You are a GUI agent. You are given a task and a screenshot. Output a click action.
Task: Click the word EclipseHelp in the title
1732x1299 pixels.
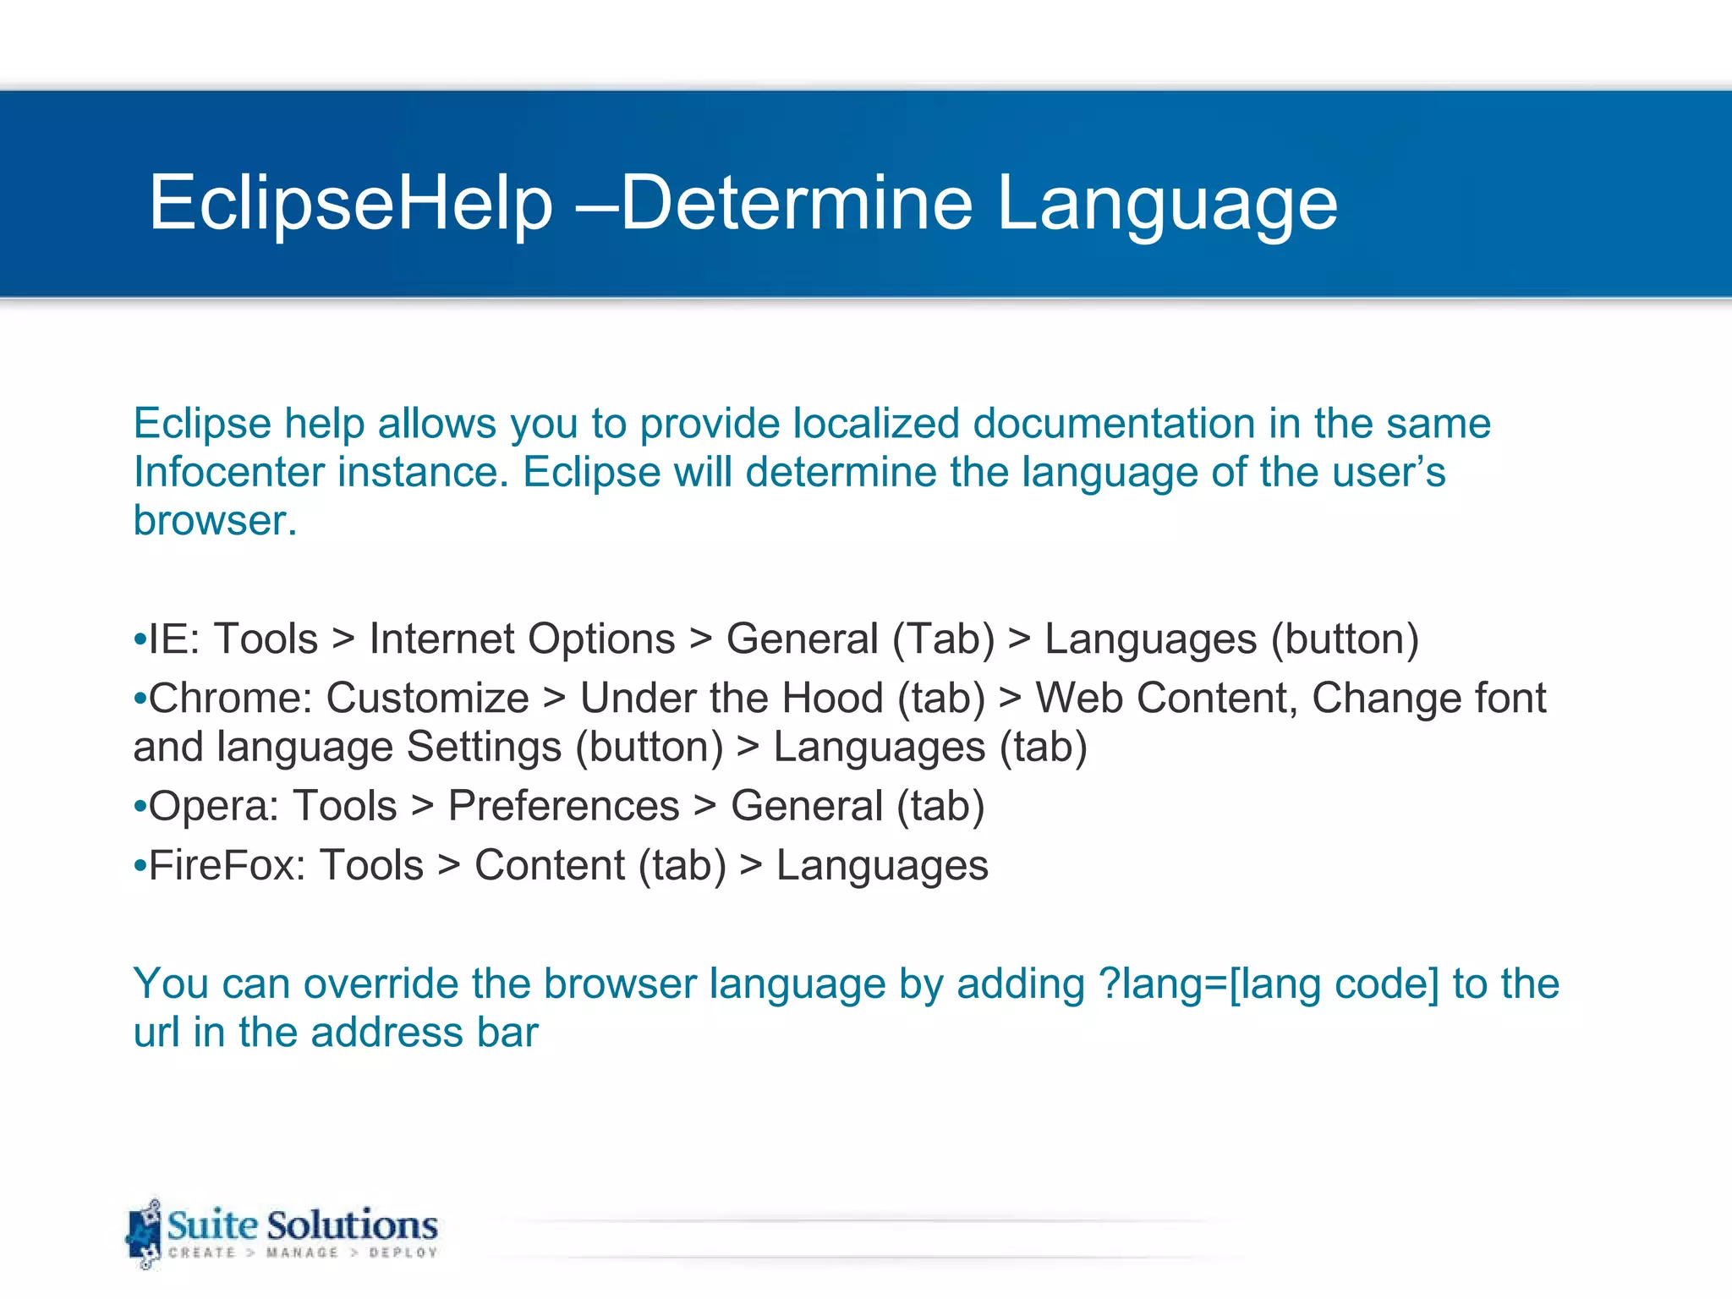point(350,203)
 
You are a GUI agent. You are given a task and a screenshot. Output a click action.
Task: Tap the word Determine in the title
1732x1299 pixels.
point(797,203)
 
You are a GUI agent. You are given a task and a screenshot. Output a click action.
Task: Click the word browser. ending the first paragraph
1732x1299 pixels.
point(215,521)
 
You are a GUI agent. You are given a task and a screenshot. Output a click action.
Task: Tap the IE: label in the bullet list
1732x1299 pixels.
point(173,639)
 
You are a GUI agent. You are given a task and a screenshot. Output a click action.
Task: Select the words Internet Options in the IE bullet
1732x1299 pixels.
point(522,639)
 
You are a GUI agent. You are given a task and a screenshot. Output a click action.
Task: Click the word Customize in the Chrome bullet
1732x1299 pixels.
point(427,699)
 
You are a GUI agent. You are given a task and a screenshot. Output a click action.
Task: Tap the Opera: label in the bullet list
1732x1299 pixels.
point(213,806)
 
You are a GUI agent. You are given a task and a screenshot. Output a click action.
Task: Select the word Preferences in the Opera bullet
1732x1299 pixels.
point(563,806)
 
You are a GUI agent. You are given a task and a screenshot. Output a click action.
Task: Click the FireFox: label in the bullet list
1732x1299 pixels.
point(227,865)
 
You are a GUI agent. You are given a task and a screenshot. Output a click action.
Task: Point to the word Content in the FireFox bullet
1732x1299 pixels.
point(550,865)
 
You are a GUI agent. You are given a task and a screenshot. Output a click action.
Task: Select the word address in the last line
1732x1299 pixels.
point(386,1033)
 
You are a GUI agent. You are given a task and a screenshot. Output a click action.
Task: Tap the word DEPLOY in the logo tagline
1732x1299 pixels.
point(403,1252)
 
